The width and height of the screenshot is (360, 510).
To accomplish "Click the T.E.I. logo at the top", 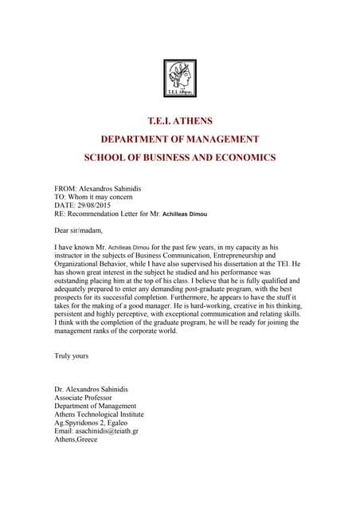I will [179, 82].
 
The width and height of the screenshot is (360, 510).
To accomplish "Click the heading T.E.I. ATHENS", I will [180, 121].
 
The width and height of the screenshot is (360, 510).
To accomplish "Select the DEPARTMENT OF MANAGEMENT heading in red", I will [180, 139].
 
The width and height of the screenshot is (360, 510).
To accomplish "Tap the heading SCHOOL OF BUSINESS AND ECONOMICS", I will [180, 158].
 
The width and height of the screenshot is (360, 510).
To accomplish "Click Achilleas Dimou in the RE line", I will [190, 214].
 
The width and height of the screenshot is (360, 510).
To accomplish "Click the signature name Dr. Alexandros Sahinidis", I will [91, 389].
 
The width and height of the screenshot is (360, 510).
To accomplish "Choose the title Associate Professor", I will [83, 397].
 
